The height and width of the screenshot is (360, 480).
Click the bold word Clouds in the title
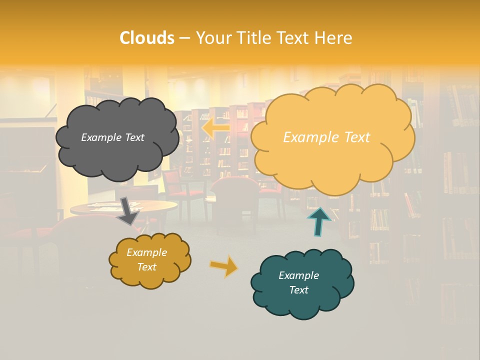point(147,38)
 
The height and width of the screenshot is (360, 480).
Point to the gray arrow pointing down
point(127,210)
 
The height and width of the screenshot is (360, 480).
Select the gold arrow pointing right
point(224,266)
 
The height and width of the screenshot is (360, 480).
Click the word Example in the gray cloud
point(100,137)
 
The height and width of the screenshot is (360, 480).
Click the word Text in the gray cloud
point(134,137)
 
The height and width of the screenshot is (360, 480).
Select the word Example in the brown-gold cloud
point(146,252)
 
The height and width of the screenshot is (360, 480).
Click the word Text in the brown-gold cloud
point(146,267)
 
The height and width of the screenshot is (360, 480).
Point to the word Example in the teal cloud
point(298,275)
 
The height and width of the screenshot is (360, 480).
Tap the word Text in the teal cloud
point(298,290)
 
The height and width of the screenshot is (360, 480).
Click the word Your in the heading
point(214,38)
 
